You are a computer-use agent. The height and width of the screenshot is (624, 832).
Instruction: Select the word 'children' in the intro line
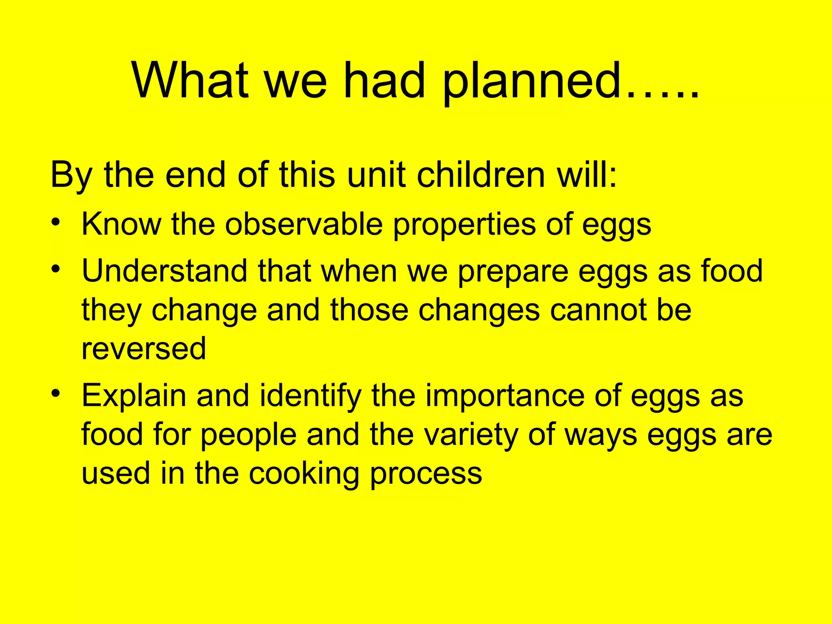(x=481, y=175)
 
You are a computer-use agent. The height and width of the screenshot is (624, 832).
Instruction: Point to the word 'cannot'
(x=590, y=310)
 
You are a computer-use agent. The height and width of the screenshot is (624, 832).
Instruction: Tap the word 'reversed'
(x=144, y=349)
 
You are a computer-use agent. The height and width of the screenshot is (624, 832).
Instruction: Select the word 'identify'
(x=311, y=396)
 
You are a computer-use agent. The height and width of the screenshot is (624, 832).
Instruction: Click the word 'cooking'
(x=304, y=474)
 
